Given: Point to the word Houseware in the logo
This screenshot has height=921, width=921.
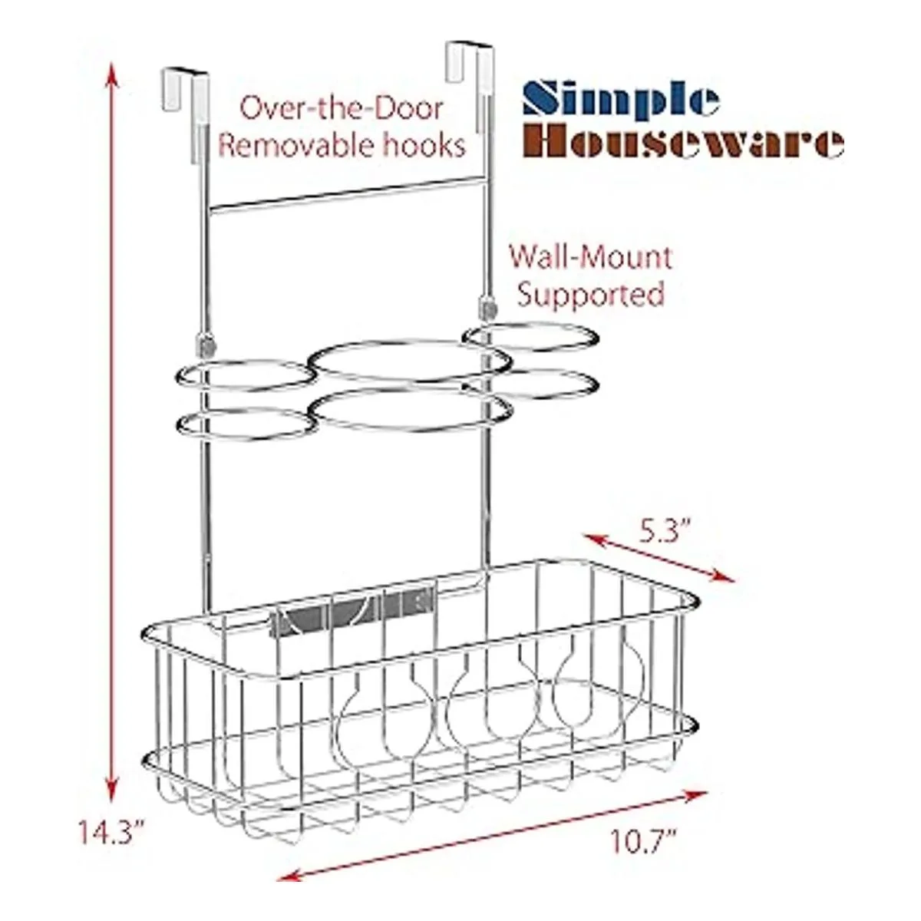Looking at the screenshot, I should click(x=688, y=144).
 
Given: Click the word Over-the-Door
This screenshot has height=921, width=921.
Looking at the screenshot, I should click(x=341, y=108).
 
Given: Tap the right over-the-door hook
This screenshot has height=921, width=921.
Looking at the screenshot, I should click(x=468, y=60).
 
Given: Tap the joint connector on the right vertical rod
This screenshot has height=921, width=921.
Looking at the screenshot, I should click(x=486, y=309).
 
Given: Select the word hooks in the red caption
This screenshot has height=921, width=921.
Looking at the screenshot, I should click(x=427, y=146).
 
